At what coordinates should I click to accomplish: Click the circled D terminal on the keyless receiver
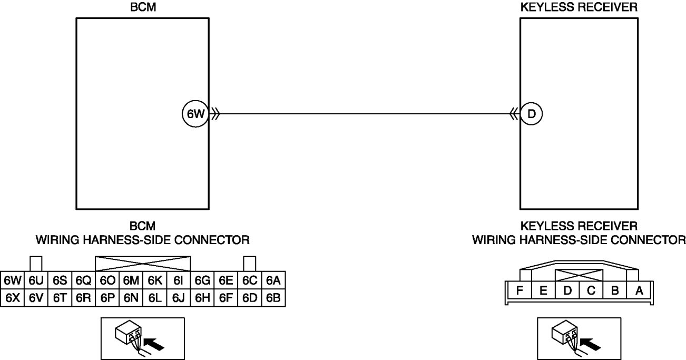pos(532,114)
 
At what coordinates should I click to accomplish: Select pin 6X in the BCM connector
pos(12,298)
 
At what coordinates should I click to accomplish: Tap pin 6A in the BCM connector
pos(273,280)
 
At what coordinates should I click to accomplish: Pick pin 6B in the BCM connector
pos(273,298)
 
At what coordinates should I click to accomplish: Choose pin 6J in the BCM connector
pos(178,298)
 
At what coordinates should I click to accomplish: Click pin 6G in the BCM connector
pos(202,280)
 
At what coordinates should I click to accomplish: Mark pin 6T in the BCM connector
pos(60,298)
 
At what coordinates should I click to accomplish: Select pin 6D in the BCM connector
pos(250,298)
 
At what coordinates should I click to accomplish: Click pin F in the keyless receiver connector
pos(520,290)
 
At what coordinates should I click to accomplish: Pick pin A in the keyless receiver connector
pos(639,290)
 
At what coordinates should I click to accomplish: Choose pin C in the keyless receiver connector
pos(591,290)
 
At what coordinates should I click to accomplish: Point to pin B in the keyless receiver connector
pos(615,290)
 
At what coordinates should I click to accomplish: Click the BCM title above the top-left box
pos(142,7)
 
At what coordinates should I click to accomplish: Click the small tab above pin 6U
pos(36,264)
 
